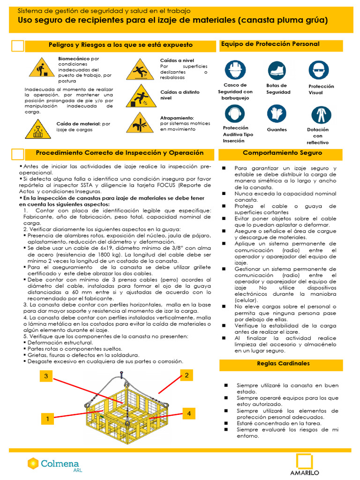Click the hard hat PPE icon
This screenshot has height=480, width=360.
(x=235, y=70)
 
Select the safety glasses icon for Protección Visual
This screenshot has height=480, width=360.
(x=319, y=70)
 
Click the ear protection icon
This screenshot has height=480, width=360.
(x=235, y=113)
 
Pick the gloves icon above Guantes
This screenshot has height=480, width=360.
(x=277, y=114)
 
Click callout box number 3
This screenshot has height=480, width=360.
(x=46, y=376)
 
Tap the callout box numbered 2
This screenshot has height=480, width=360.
(x=186, y=375)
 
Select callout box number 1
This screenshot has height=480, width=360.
(x=48, y=420)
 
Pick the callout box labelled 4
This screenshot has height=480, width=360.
(x=188, y=413)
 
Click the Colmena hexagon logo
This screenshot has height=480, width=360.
(x=33, y=464)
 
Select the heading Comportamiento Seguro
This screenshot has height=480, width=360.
(x=282, y=153)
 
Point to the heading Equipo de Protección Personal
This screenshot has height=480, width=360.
(x=270, y=44)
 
